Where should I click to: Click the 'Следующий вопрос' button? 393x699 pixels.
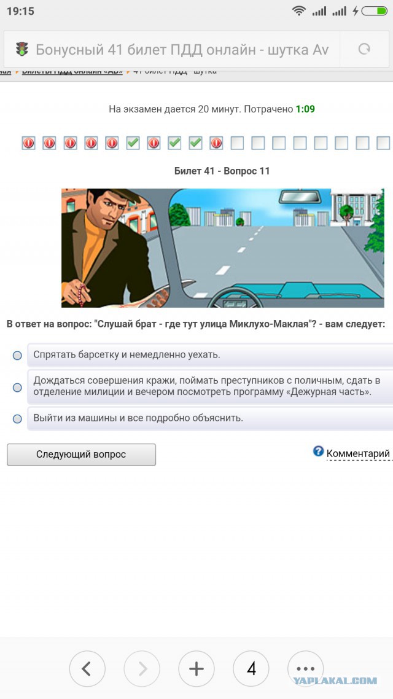[81, 455]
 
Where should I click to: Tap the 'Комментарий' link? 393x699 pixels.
[358, 454]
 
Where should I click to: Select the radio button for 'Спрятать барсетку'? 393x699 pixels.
[17, 355]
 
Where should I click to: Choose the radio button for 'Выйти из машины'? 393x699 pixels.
[17, 418]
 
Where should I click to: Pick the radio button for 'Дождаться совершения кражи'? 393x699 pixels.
[17, 387]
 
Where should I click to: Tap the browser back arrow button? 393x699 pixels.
[87, 669]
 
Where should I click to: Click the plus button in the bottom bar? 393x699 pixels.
[196, 669]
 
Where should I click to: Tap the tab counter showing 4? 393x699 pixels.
[251, 669]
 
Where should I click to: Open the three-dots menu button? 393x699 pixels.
[305, 669]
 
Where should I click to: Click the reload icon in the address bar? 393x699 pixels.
[364, 49]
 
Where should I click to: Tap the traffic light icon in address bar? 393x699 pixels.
[22, 49]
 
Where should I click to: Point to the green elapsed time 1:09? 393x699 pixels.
[305, 109]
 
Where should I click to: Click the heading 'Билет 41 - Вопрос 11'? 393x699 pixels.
[222, 171]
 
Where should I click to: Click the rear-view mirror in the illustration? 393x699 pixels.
[300, 197]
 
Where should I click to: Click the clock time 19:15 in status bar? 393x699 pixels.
[20, 11]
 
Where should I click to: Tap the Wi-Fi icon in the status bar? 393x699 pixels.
[299, 11]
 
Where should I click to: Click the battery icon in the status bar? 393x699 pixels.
[374, 11]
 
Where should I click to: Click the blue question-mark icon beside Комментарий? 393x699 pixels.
[318, 451]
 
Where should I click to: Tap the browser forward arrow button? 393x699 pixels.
[142, 669]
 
